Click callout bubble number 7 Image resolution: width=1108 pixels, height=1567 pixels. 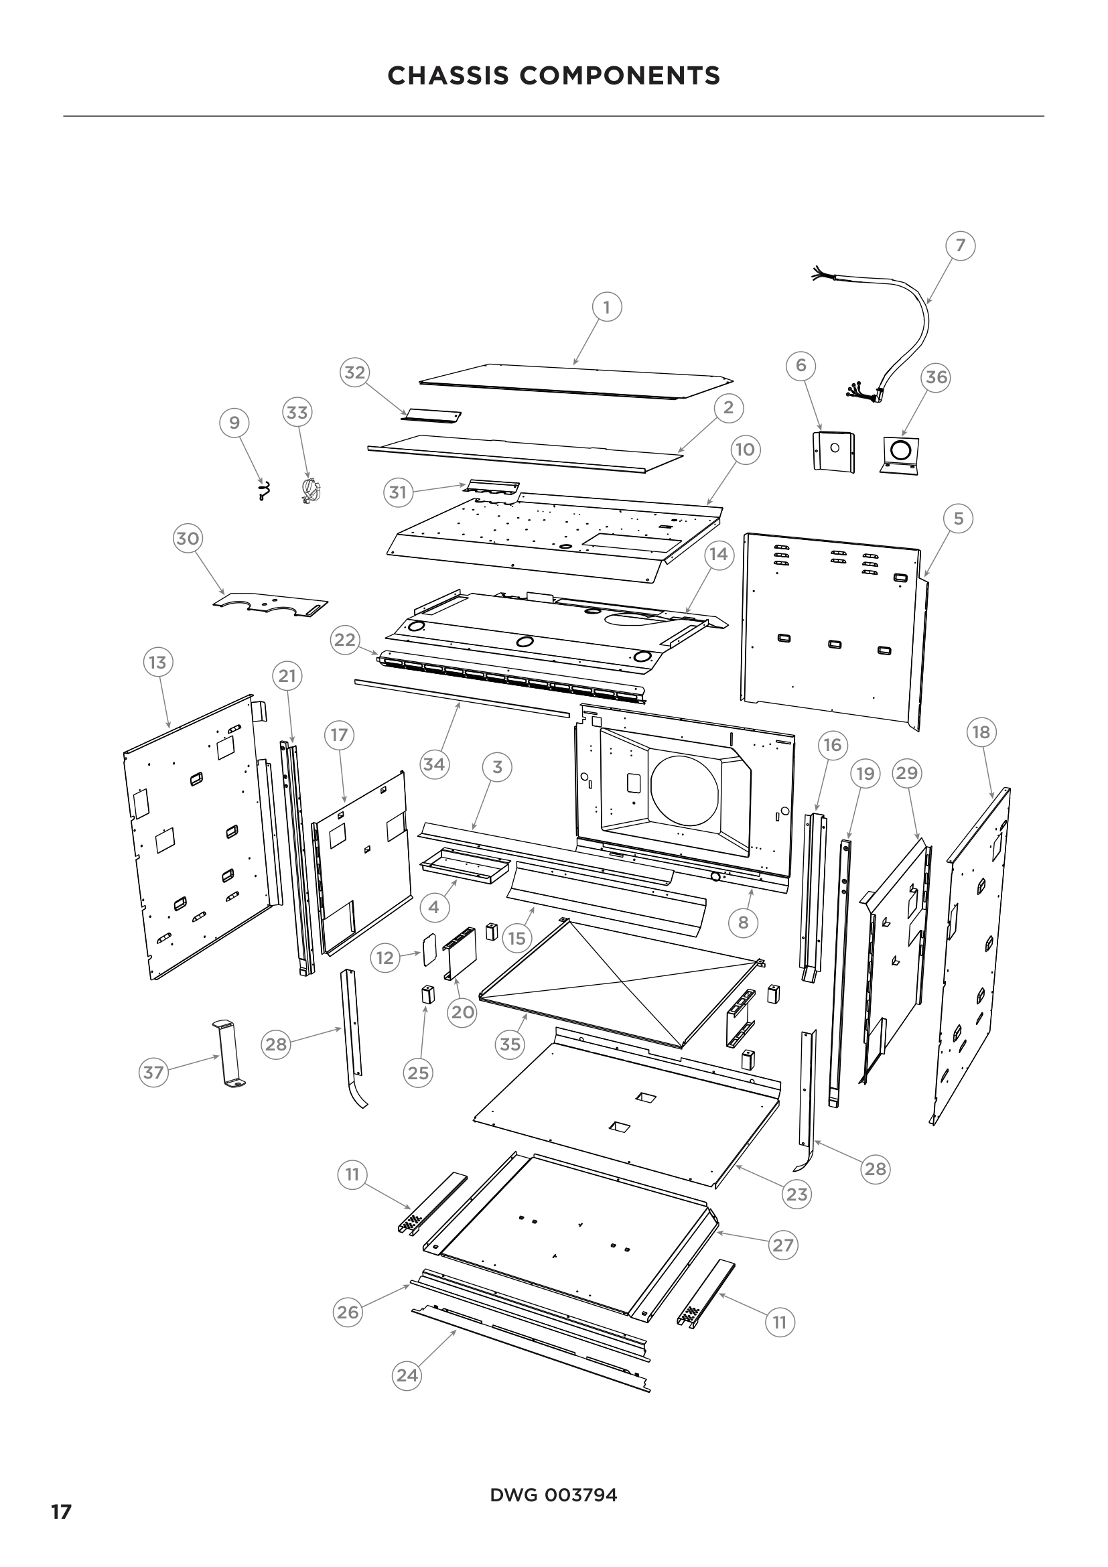pyautogui.click(x=961, y=245)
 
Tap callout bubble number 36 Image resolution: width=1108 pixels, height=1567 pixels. pyautogui.click(x=936, y=377)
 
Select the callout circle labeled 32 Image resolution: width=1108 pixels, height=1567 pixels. pyautogui.click(x=355, y=372)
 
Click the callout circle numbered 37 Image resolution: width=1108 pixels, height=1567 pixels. pyautogui.click(x=153, y=1072)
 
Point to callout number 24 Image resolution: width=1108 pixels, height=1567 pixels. pyautogui.click(x=407, y=1375)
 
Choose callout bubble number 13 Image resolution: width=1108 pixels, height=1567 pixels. pyautogui.click(x=157, y=662)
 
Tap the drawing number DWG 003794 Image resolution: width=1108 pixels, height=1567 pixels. pyautogui.click(x=553, y=1495)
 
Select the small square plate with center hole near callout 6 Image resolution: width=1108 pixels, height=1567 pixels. pyautogui.click(x=835, y=450)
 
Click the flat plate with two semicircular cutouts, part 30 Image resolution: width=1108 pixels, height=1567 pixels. pyautogui.click(x=269, y=604)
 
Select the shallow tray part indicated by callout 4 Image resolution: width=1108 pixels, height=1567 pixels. pyautogui.click(x=466, y=866)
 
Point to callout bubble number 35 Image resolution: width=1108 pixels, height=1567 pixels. pyautogui.click(x=510, y=1044)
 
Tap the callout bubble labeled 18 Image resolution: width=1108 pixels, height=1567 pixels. pyautogui.click(x=981, y=732)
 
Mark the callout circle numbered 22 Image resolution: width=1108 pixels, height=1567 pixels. pyautogui.click(x=344, y=640)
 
